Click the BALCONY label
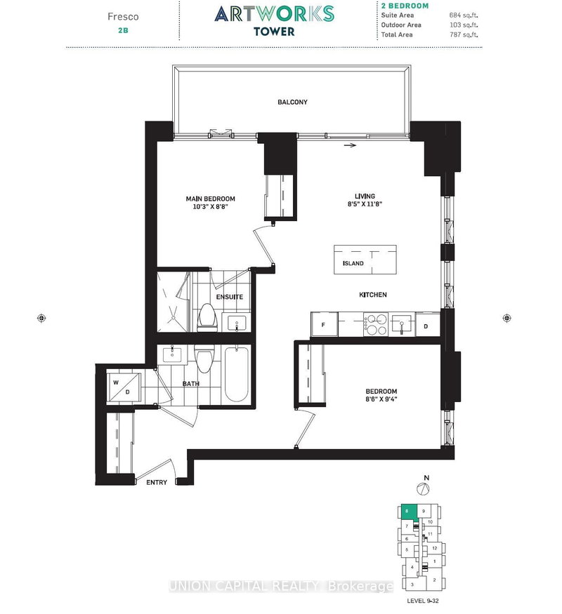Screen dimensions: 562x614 pyautogui.click(x=292, y=102)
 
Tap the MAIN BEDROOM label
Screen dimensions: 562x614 pyautogui.click(x=211, y=199)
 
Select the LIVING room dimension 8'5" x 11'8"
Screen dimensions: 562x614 pyautogui.click(x=365, y=204)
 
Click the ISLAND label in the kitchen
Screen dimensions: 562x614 pyautogui.click(x=353, y=264)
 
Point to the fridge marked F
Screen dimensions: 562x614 pyautogui.click(x=324, y=324)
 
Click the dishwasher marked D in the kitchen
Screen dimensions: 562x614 pyautogui.click(x=426, y=325)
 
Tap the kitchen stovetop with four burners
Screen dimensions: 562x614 pyautogui.click(x=375, y=325)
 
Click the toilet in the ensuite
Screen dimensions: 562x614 pyautogui.click(x=208, y=317)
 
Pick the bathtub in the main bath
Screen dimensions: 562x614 pyautogui.click(x=236, y=375)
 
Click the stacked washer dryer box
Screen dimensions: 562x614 pyautogui.click(x=124, y=387)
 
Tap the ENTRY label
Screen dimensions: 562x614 pyautogui.click(x=157, y=483)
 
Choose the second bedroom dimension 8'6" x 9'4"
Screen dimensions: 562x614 pyautogui.click(x=381, y=399)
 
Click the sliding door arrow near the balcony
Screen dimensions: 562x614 pyautogui.click(x=351, y=145)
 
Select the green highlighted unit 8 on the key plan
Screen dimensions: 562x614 pyautogui.click(x=408, y=513)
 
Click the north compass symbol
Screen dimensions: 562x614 pyautogui.click(x=424, y=488)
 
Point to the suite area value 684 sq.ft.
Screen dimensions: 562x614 pyautogui.click(x=464, y=15)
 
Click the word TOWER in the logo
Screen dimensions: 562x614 pyautogui.click(x=274, y=32)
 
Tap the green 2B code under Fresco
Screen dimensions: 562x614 pyautogui.click(x=123, y=30)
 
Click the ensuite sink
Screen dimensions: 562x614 pyautogui.click(x=235, y=323)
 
